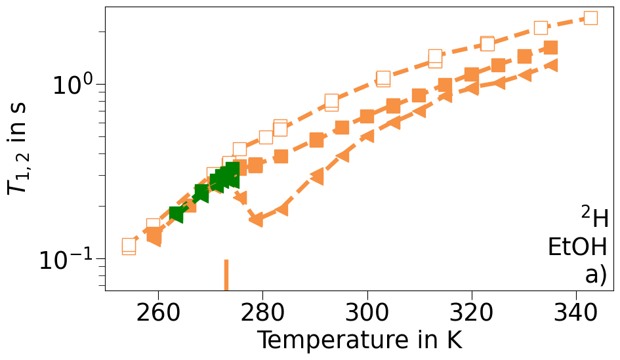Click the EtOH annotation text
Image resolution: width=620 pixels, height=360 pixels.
click(x=578, y=247)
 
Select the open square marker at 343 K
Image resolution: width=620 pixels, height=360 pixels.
click(x=590, y=18)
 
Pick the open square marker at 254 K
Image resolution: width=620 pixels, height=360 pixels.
click(x=129, y=247)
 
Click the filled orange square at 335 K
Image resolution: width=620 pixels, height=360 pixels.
click(x=550, y=48)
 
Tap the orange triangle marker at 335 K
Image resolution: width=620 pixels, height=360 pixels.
click(x=551, y=65)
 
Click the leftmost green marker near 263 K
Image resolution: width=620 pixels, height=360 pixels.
click(x=176, y=214)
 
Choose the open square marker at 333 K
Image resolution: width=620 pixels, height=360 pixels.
click(x=541, y=28)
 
